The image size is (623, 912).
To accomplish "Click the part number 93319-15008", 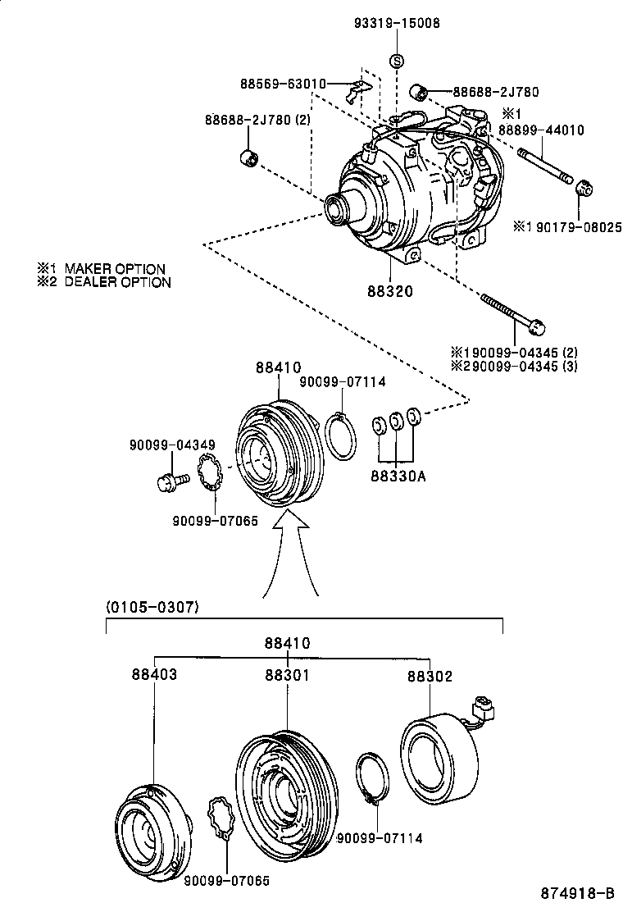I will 397,24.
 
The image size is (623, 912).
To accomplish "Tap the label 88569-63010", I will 283,84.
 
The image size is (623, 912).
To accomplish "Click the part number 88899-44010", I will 541,130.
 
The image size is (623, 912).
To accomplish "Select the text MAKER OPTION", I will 115,268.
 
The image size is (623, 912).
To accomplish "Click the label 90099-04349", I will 172,445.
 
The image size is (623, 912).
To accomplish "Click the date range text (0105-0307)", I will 153,607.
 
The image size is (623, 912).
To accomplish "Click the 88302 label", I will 430,677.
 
